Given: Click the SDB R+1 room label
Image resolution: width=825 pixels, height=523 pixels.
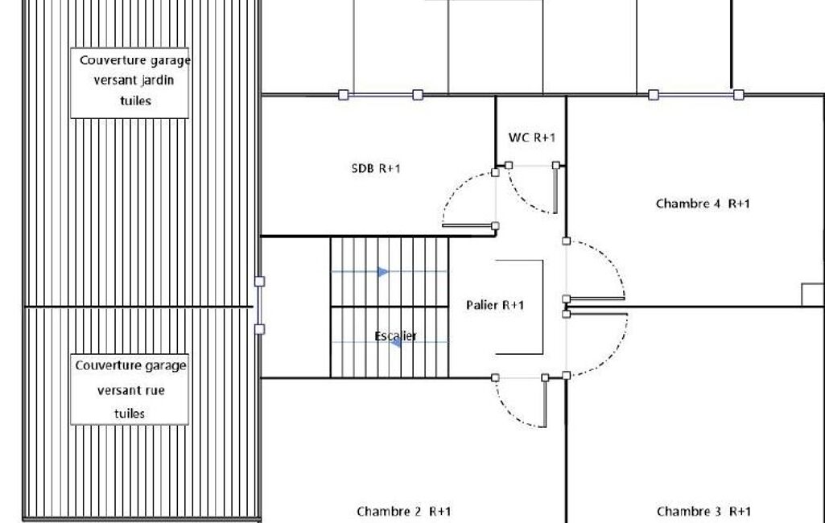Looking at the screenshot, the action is tap(376, 168).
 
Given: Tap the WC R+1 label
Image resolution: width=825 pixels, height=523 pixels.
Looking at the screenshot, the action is tap(531, 138).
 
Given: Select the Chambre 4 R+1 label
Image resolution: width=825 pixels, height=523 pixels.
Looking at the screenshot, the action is tap(703, 204).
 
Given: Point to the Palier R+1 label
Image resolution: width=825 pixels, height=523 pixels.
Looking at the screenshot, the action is tap(495, 305).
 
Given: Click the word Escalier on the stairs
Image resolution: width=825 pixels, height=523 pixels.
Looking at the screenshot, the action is tap(396, 336).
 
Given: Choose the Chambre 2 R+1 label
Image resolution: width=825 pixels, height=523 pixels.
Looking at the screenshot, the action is tap(403, 512).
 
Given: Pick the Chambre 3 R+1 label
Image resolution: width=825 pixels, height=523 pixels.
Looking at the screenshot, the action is tap(703, 512).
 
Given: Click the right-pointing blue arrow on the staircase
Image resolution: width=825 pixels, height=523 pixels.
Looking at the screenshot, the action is tap(383, 272).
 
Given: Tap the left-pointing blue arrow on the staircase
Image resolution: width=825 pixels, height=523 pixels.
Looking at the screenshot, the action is tap(397, 342).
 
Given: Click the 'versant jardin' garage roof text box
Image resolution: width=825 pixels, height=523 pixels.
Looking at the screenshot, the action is tap(130, 83).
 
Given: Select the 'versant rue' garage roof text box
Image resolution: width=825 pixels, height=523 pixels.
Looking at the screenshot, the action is tap(130, 389).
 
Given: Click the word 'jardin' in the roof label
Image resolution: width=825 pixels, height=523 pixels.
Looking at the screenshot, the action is tap(156, 80).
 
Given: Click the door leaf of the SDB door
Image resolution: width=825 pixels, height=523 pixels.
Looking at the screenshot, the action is tap(468, 226).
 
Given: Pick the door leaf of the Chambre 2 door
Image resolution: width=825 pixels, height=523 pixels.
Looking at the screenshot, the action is tap(545, 403).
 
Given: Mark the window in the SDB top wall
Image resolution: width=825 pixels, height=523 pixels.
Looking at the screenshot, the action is tap(381, 95).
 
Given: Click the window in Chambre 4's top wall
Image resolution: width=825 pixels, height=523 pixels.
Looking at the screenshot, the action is tap(696, 95).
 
